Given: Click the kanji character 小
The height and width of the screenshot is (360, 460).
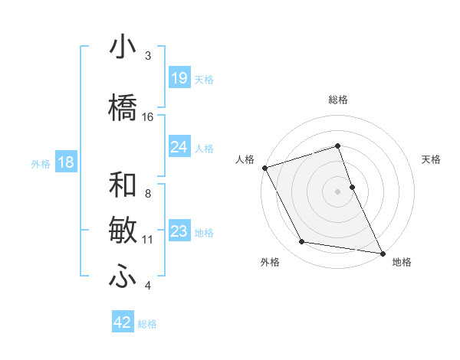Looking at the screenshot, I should coord(123,48).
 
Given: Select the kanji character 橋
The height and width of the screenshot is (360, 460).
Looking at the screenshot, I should coord(123,106).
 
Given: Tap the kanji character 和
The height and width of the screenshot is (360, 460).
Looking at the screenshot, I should coord(123,185).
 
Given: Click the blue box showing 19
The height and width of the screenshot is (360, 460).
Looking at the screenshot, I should coord(179,78).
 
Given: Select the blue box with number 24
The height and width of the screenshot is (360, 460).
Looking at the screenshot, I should coord(179,147).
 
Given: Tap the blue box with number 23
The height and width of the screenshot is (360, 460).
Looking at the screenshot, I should coord(179,231).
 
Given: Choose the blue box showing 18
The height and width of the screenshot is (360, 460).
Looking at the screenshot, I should coord(65,162).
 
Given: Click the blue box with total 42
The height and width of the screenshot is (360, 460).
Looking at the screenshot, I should coord(123,322).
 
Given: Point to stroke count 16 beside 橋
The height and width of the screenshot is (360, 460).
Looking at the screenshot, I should coord(148,117).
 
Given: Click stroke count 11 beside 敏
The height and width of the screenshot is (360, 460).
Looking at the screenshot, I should coord(148,240).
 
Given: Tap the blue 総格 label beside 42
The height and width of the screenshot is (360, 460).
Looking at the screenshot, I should coord(147,324).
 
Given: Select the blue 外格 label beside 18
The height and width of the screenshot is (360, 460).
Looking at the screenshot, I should coord(40,163).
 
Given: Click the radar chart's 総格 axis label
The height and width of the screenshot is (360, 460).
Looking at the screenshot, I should coord(338,100).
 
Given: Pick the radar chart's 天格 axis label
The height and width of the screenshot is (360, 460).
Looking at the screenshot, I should coord(432,159).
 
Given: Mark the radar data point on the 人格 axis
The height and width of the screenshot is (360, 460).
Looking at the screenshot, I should coord(264,167).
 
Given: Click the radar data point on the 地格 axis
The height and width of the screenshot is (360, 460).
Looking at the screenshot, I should coord(382,252).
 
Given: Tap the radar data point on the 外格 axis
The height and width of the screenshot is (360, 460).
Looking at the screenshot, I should coord(302,242).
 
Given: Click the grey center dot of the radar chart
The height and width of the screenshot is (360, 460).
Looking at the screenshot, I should coord(337,191).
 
